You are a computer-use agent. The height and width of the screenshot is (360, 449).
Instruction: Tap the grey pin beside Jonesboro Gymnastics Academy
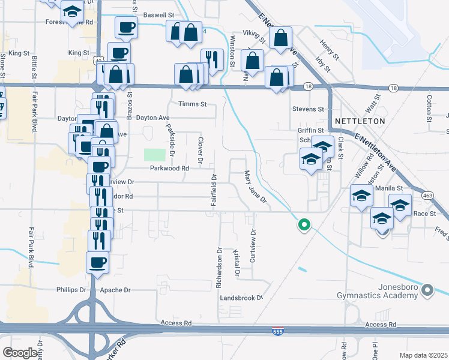tap(427, 291)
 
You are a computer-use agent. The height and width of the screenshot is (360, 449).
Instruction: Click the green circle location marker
tap(304, 225)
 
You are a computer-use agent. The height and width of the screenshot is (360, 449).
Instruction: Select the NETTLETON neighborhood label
tap(359, 121)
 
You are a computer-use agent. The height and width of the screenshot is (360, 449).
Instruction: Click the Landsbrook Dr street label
tap(242, 298)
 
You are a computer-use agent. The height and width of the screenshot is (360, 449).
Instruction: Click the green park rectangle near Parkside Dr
tap(154, 154)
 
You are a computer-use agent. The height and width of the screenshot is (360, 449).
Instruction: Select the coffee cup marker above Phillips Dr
tap(98, 262)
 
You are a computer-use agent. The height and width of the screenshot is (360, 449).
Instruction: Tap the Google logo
tap(20, 353)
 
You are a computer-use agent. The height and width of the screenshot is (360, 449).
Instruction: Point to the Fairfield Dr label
tap(213, 190)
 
